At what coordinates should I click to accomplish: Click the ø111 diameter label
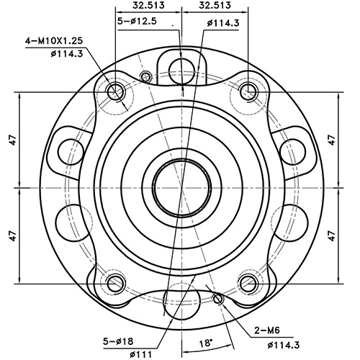141,353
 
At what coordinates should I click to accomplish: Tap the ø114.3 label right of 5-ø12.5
222,24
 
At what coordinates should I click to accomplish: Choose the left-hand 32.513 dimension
148,6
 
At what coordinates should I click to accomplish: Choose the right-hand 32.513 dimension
215,6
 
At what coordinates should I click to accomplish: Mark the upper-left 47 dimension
12,139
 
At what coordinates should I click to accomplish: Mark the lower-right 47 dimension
331,234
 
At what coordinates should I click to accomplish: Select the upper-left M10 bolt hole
115,91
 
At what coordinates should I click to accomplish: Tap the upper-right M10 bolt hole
248,91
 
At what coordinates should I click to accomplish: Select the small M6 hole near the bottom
218,299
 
